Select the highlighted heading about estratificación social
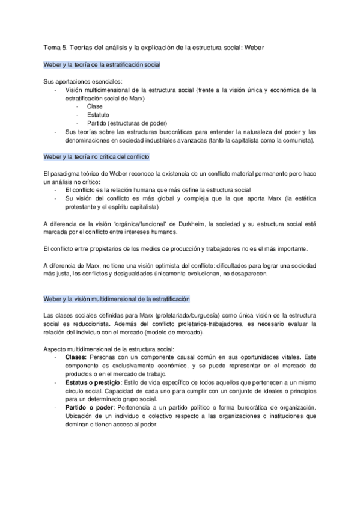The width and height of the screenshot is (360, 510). pos(102,64)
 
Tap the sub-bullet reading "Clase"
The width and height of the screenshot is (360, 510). pos(95,106)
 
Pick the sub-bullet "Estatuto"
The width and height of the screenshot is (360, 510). pos(98,114)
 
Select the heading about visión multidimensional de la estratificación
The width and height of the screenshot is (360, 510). pos(117,299)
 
